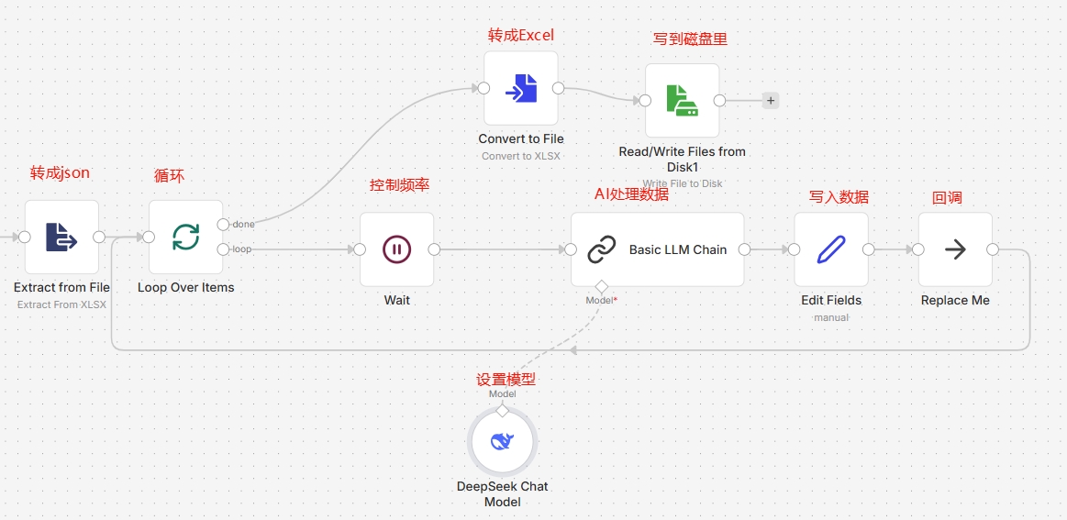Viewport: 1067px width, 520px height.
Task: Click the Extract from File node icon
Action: [x=61, y=237]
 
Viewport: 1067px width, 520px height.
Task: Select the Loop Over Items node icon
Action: [x=185, y=237]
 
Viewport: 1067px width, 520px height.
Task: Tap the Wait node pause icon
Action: [x=396, y=249]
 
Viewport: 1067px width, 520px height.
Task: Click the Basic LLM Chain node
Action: [x=657, y=249]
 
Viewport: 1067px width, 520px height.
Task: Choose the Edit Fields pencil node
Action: [x=831, y=249]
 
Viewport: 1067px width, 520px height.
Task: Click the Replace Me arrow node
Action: [x=955, y=249]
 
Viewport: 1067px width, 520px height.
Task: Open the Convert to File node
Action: [x=521, y=88]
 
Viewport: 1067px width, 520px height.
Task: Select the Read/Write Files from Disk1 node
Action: [x=682, y=100]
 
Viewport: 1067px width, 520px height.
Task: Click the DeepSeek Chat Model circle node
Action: [x=502, y=442]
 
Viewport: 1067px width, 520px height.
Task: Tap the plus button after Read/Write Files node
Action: [x=771, y=101]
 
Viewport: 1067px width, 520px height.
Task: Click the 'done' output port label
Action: [x=244, y=225]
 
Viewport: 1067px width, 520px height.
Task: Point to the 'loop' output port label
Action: [x=242, y=249]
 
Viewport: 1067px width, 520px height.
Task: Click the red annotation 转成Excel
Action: [x=521, y=35]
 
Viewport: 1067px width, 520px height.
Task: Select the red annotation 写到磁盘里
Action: [x=690, y=39]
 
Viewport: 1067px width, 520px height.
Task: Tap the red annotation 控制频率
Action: [x=399, y=185]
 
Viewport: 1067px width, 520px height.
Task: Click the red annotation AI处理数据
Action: [x=631, y=194]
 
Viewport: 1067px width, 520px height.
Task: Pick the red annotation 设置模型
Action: [x=506, y=379]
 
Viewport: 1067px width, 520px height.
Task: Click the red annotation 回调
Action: [x=947, y=197]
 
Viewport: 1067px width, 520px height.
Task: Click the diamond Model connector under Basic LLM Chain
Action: [x=601, y=285]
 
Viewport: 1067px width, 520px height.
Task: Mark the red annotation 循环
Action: [x=169, y=175]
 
